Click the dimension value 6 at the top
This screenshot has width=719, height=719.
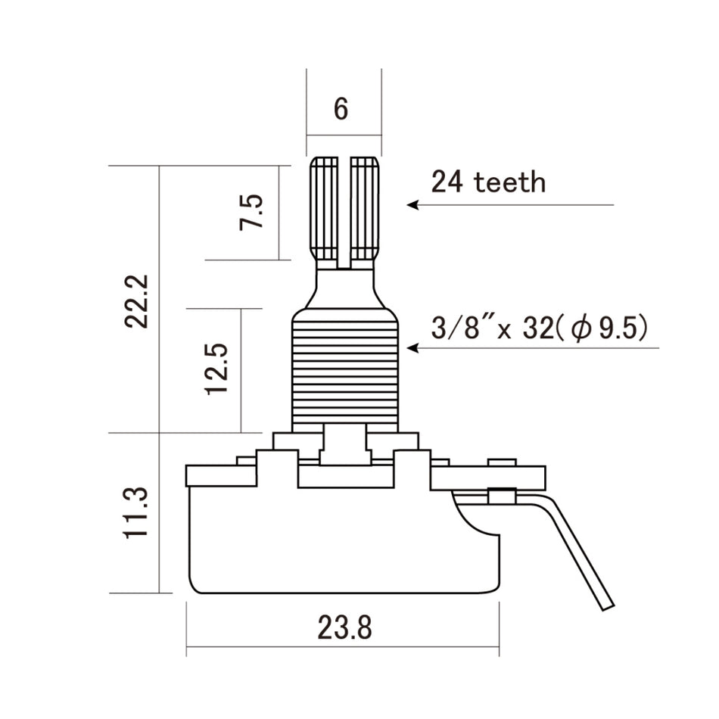point(341,109)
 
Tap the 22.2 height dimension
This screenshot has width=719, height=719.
point(138,301)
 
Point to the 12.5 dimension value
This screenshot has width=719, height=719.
point(216,369)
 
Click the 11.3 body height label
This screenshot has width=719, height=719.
point(138,513)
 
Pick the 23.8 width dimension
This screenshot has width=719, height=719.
point(344,627)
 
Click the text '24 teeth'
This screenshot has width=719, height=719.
point(488,182)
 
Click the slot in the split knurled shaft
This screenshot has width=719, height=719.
point(345,212)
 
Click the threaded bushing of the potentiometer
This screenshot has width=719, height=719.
point(344,371)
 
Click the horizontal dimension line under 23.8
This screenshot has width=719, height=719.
point(342,646)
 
